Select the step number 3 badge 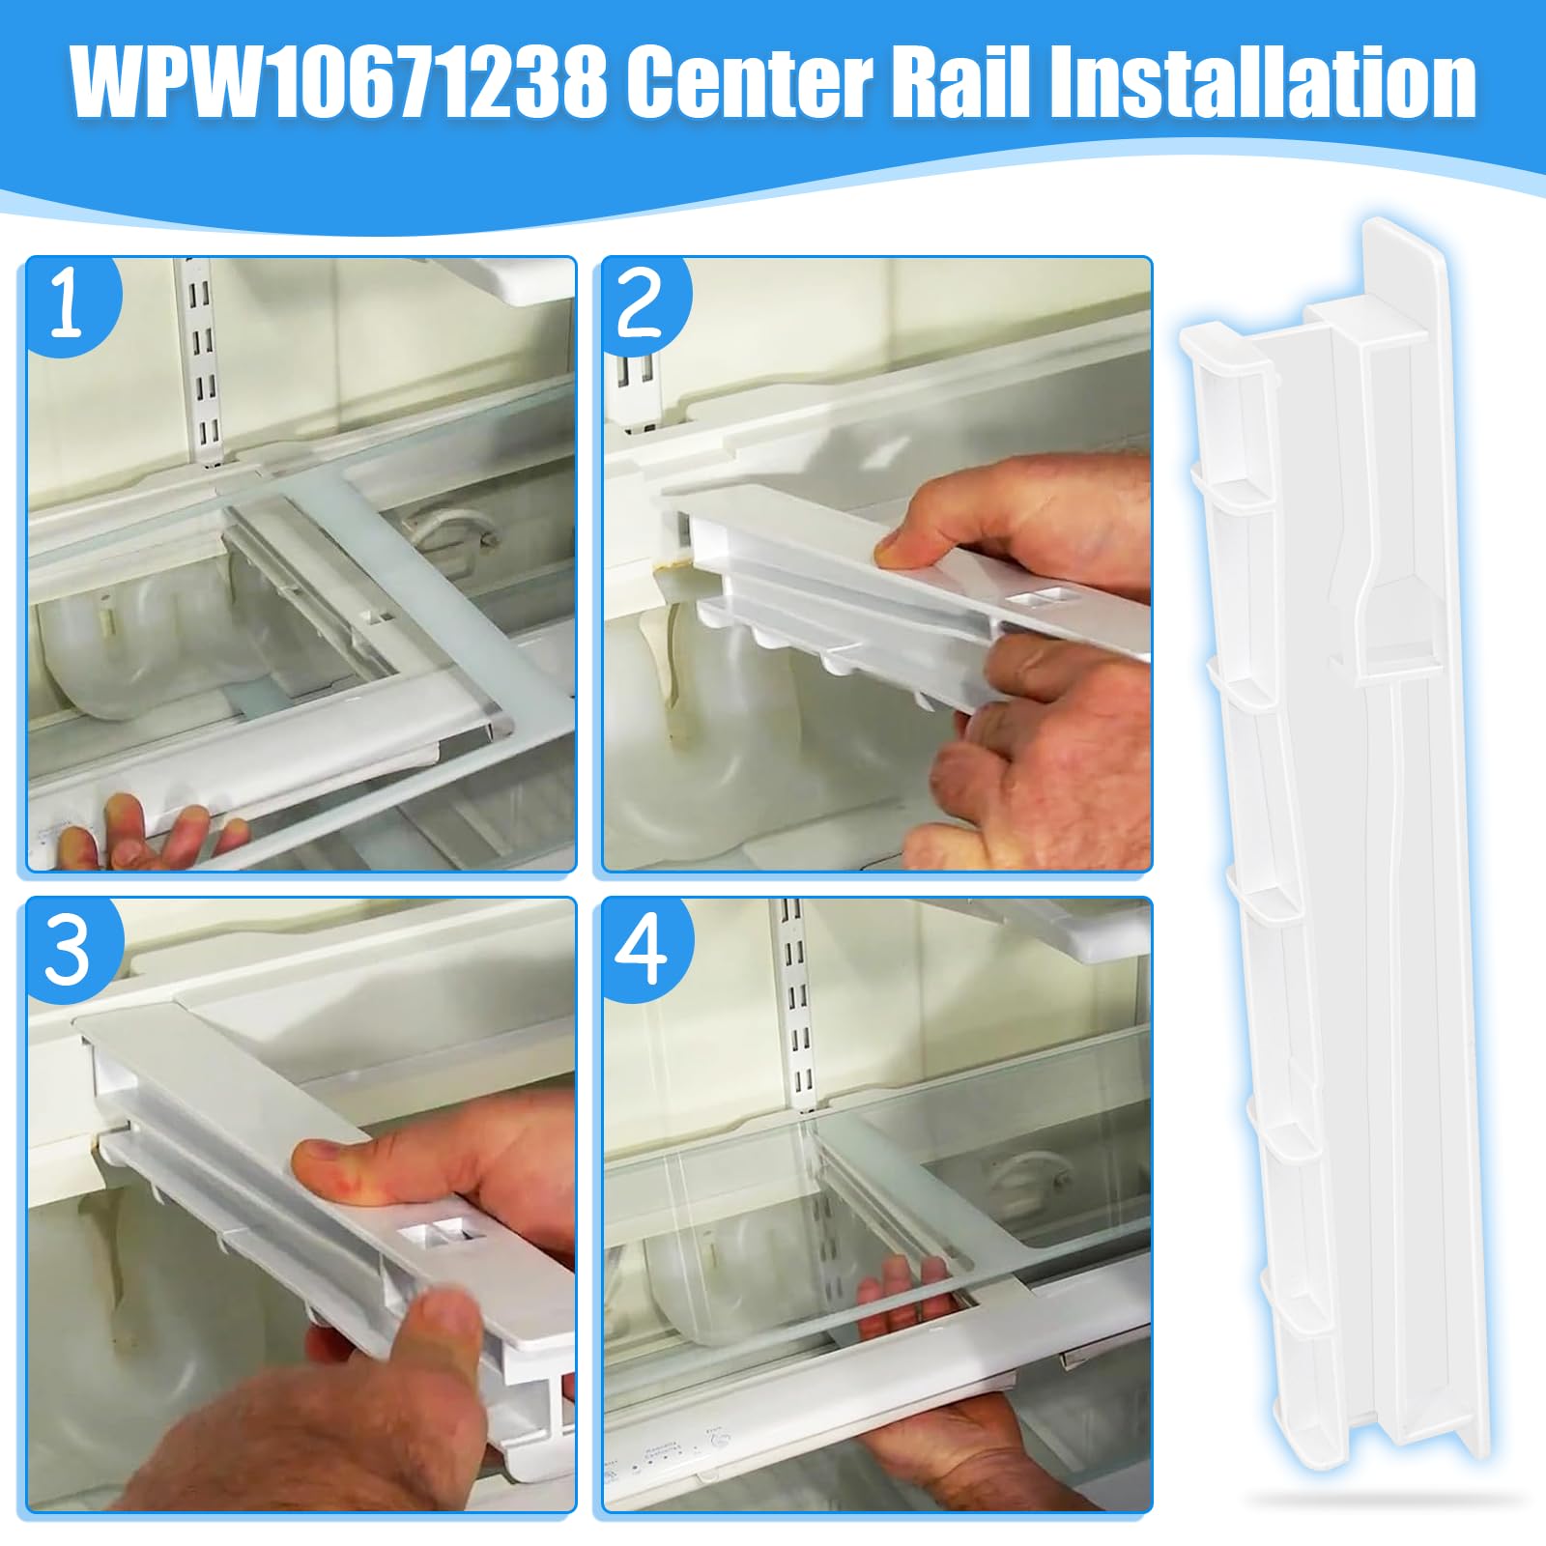pos(68,949)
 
